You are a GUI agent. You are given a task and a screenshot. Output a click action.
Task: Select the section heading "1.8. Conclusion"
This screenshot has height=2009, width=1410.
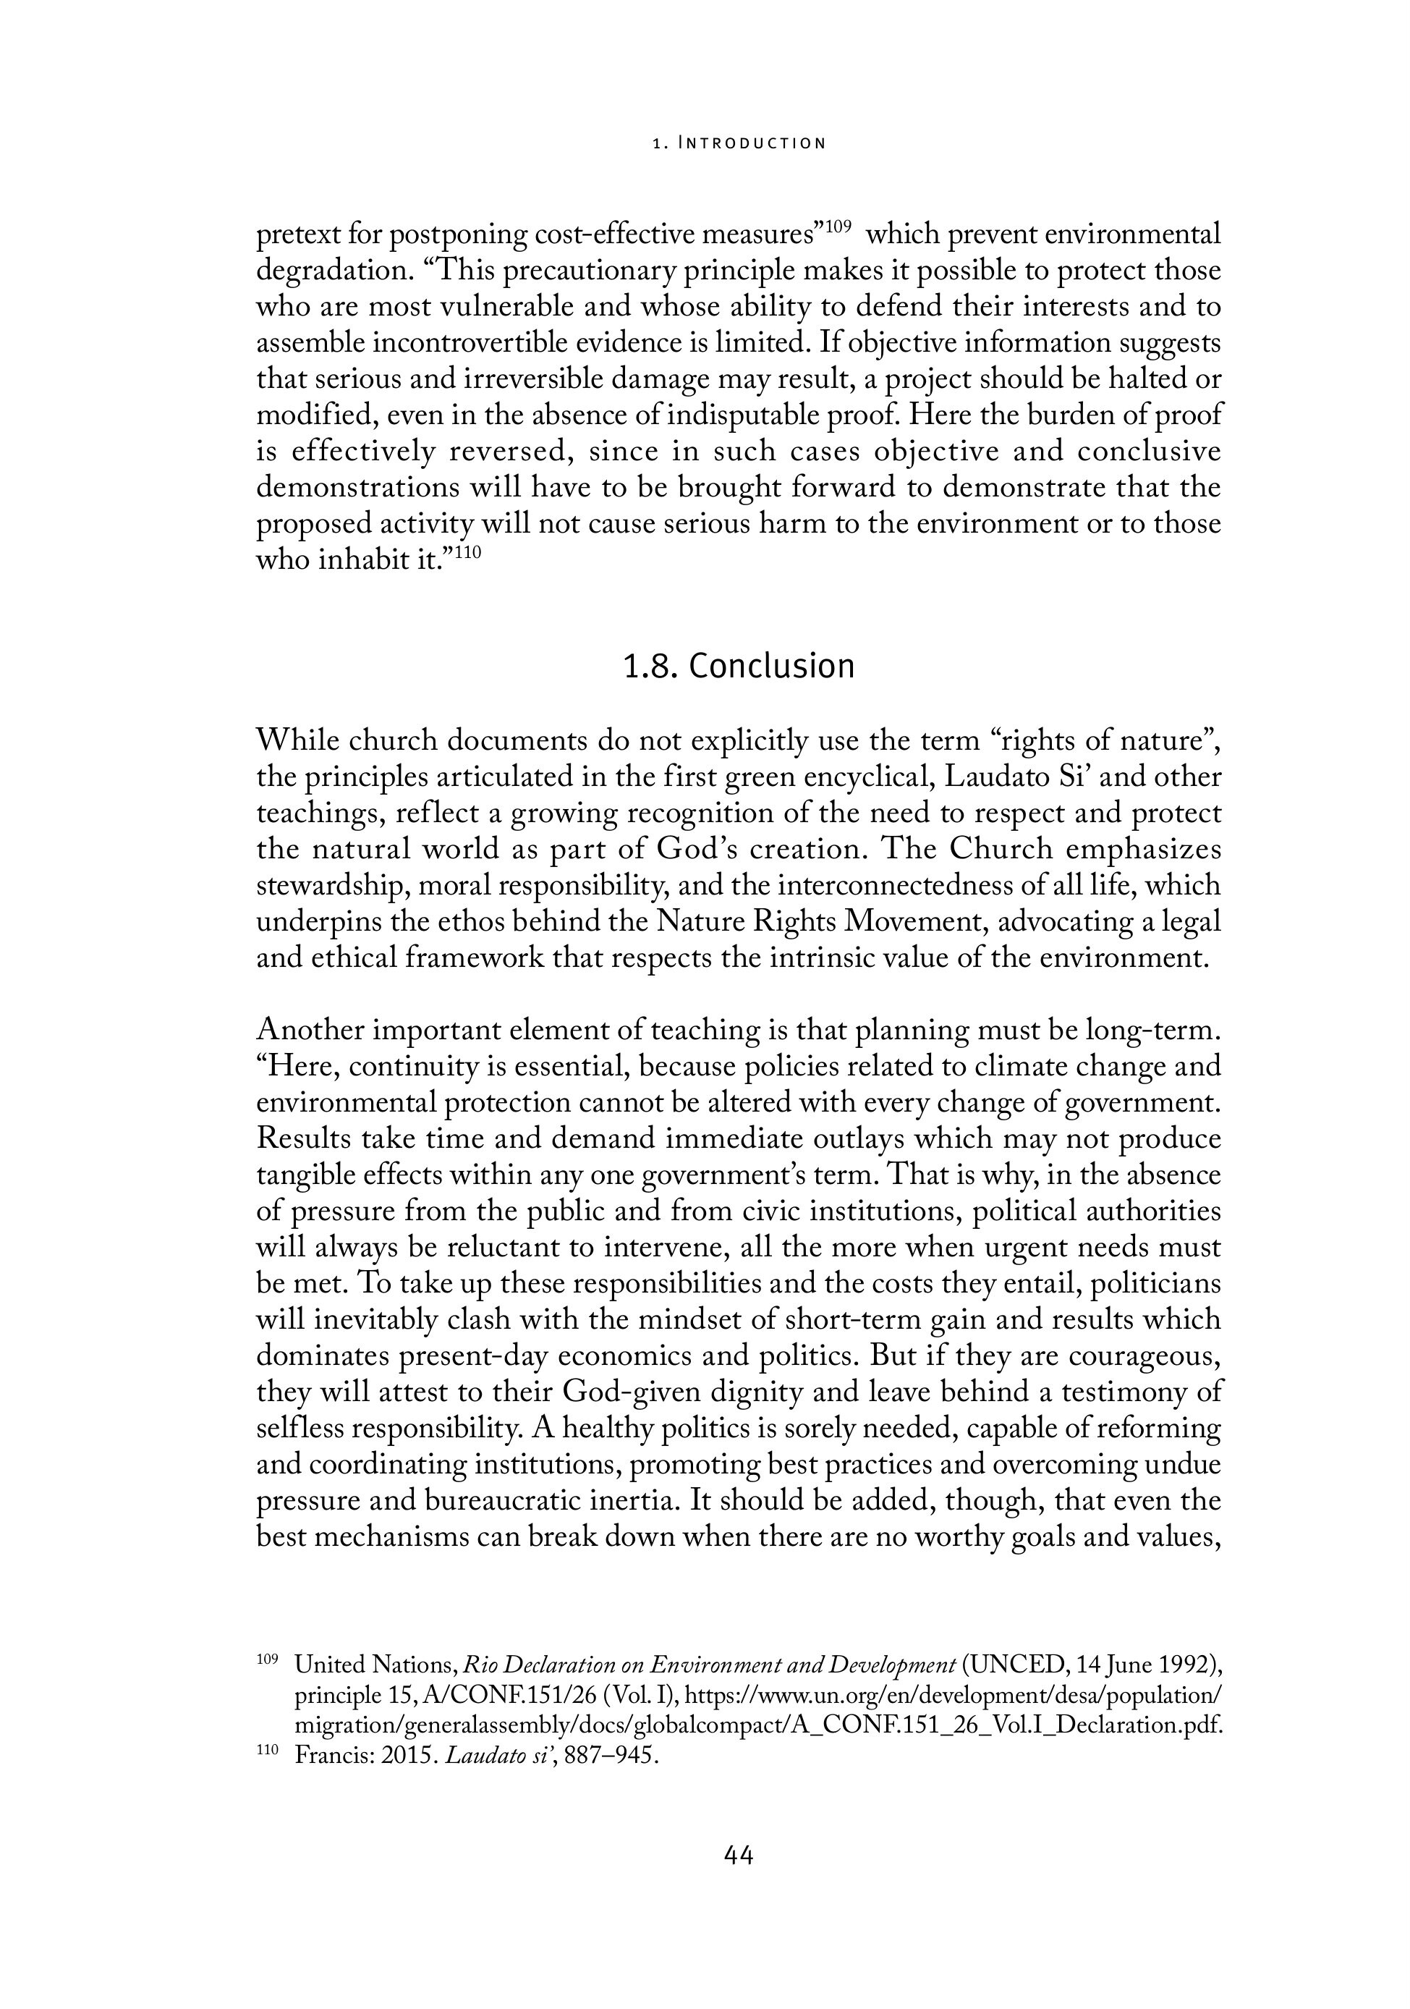point(737,666)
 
